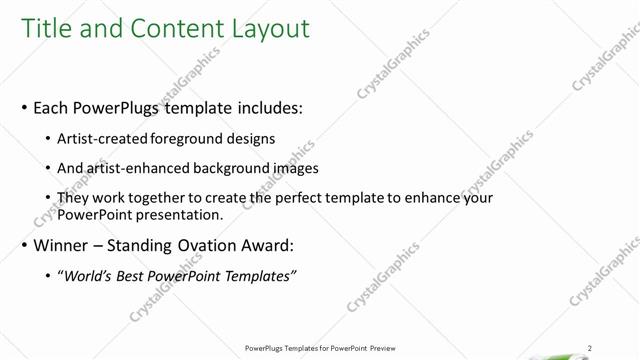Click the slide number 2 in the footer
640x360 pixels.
tap(591, 348)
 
